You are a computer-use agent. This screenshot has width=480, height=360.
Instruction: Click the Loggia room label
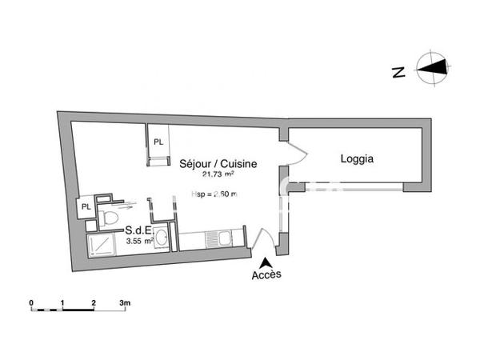pyautogui.click(x=358, y=159)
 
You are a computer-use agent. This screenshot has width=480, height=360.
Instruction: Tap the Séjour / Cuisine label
pyautogui.click(x=218, y=163)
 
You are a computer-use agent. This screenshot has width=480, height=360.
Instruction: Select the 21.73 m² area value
pyautogui.click(x=218, y=174)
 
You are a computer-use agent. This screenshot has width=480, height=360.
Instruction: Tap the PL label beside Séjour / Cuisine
pyautogui.click(x=158, y=142)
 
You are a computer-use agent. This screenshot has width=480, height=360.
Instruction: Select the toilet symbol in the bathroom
pyautogui.click(x=111, y=217)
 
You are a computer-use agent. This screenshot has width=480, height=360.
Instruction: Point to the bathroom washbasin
pyautogui.click(x=162, y=237)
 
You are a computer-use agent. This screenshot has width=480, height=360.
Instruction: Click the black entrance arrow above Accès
pyautogui.click(x=266, y=262)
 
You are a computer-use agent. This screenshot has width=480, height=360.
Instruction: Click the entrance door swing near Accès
pyautogui.click(x=262, y=240)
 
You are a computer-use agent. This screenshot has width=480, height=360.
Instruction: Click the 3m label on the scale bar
pyautogui.click(x=125, y=302)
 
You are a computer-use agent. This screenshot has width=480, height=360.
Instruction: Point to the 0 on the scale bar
pyautogui.click(x=30, y=302)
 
